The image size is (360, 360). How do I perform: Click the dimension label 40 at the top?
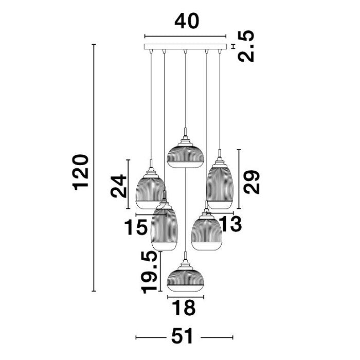[x=187, y=21]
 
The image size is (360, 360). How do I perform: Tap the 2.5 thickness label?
[x=246, y=46]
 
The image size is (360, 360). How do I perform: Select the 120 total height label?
[x=80, y=172]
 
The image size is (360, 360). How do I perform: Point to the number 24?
[x=118, y=186]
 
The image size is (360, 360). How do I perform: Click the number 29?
[x=251, y=182]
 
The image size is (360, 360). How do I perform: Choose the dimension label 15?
[x=136, y=227]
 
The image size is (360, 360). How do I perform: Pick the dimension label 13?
[x=230, y=224]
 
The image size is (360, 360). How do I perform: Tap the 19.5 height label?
[x=150, y=273]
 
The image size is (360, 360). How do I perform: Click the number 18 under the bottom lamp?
[x=184, y=308]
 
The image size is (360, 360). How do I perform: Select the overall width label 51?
[x=183, y=336]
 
